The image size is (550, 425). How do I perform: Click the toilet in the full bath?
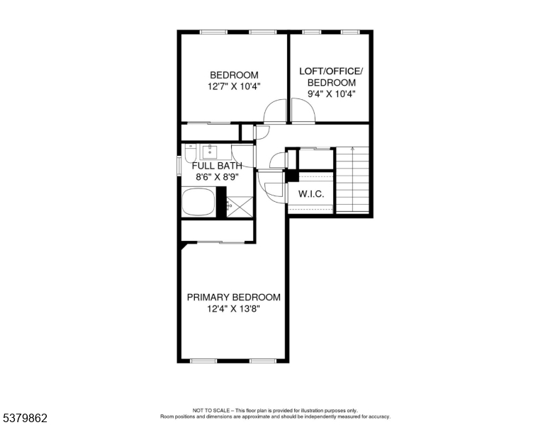(189, 151)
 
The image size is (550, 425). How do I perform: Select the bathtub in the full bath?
(198, 203)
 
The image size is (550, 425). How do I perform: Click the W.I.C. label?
(310, 193)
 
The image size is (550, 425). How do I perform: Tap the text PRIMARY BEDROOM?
(233, 297)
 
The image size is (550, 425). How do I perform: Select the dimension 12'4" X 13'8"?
(233, 310)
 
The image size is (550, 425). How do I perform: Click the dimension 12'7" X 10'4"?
(233, 86)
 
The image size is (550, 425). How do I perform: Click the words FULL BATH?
(217, 166)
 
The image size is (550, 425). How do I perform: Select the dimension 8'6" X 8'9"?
(217, 178)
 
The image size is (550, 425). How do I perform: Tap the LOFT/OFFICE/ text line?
(330, 71)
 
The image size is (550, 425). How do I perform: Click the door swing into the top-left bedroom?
(275, 112)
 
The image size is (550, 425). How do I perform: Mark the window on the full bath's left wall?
(179, 163)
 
